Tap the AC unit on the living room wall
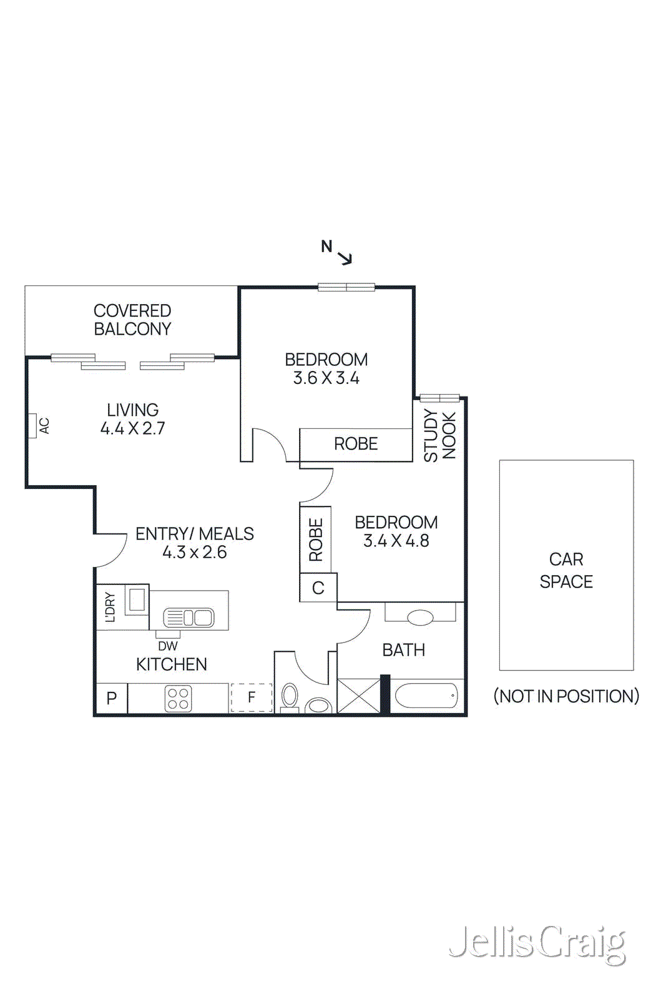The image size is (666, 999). (x=32, y=426)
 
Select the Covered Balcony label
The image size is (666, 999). (x=132, y=320)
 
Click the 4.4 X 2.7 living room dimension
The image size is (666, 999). (x=132, y=428)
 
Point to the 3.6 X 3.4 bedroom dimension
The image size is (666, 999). (x=326, y=378)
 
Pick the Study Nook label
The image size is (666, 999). (x=439, y=435)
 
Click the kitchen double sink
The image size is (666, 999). (x=189, y=618)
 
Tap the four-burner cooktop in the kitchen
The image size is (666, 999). (x=178, y=698)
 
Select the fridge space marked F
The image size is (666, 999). (x=252, y=697)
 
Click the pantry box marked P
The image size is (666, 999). (x=112, y=698)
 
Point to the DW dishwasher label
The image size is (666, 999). (x=167, y=646)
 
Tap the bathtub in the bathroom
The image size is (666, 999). (x=426, y=695)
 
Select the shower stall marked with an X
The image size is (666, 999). (x=358, y=696)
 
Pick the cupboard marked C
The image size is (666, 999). (x=318, y=588)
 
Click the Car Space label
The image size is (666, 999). (x=566, y=570)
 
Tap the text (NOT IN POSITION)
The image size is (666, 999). (x=566, y=696)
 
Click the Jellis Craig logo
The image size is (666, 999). (x=537, y=943)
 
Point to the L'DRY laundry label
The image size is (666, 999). (x=110, y=607)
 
